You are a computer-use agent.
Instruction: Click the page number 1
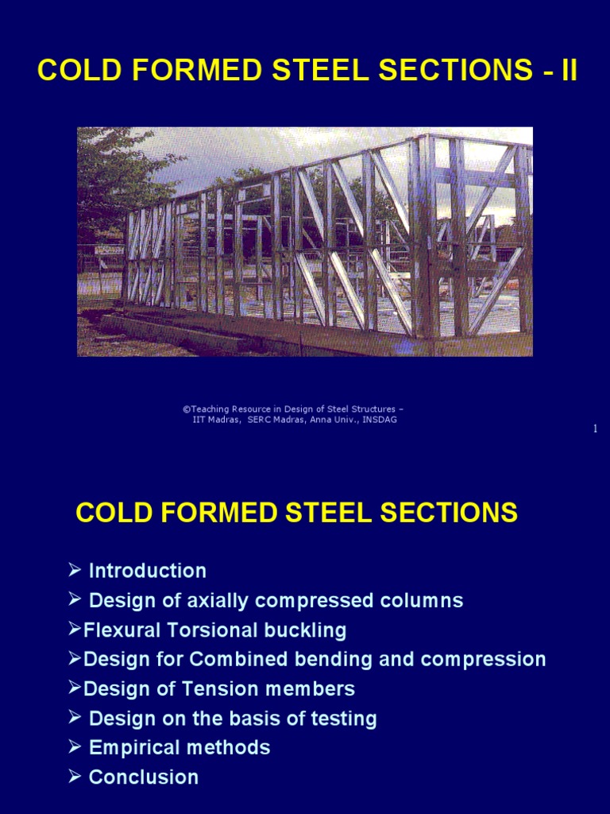[595, 429]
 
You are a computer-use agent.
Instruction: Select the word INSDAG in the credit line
[380, 420]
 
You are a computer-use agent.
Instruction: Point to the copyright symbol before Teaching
[186, 409]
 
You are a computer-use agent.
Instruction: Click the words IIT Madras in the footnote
[217, 420]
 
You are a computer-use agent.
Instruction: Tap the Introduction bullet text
[147, 571]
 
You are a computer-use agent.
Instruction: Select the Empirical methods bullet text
[179, 747]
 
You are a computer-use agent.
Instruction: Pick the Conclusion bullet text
[143, 777]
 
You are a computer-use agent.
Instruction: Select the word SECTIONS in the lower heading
[436, 513]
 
